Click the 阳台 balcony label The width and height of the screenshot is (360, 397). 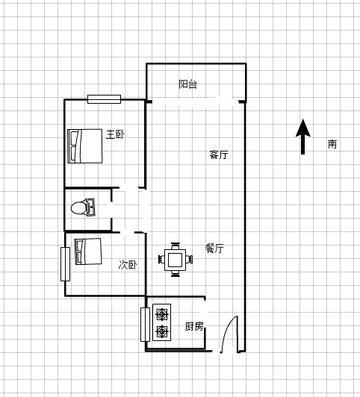[187, 84]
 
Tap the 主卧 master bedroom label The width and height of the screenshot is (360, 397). [115, 134]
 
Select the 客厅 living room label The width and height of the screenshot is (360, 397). [219, 154]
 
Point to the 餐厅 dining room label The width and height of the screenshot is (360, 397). [214, 248]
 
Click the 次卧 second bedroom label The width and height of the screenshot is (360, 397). [128, 265]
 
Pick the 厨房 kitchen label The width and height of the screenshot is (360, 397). [194, 326]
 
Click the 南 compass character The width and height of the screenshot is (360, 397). [332, 144]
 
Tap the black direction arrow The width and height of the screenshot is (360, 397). [302, 137]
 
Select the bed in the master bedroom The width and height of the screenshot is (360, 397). [85, 146]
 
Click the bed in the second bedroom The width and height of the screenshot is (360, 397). [88, 251]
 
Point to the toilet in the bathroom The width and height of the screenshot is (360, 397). [83, 207]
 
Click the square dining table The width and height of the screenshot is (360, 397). [175, 260]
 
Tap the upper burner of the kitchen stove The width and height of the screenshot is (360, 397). [161, 314]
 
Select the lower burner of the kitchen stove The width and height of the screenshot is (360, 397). [161, 331]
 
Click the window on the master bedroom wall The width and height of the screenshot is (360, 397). [104, 99]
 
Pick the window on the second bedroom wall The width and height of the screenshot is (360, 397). [65, 264]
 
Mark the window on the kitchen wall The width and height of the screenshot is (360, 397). [145, 325]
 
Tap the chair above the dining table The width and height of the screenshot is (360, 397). [175, 246]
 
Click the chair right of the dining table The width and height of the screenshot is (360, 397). [189, 260]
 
